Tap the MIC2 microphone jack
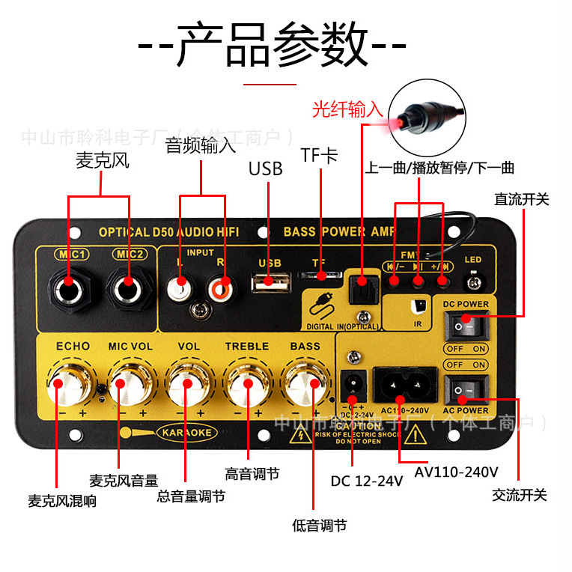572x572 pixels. click(x=128, y=284)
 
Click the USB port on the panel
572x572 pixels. click(x=270, y=283)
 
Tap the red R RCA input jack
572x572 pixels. click(x=222, y=285)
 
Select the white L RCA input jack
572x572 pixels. click(x=181, y=285)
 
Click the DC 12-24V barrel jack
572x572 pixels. click(x=350, y=386)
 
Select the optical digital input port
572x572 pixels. click(x=362, y=287)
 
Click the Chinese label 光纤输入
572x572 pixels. click(x=347, y=111)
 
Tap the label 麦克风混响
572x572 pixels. click(x=62, y=501)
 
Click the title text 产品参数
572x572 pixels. click(x=273, y=45)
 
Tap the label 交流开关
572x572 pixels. click(x=520, y=495)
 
